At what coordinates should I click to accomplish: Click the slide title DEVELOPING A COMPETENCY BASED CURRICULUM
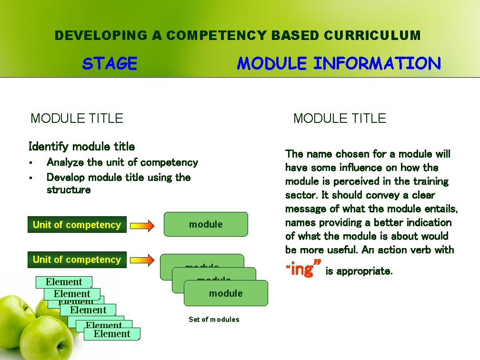238,36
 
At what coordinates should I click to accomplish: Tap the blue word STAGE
110,63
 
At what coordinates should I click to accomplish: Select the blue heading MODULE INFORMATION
339,63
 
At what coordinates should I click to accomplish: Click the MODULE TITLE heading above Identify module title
77,118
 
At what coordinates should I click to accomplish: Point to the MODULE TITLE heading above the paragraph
340,118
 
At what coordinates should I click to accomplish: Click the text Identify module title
81,146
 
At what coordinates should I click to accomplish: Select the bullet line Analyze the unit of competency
122,162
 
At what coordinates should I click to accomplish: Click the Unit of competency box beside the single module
77,225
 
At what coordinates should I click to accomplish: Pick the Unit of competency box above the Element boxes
77,260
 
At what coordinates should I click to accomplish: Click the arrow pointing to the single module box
142,225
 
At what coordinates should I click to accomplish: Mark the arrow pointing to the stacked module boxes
142,260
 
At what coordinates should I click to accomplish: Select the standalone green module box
206,224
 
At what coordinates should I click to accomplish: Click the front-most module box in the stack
226,293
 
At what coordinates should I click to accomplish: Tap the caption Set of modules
214,320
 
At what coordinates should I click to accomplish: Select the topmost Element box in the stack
64,282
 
